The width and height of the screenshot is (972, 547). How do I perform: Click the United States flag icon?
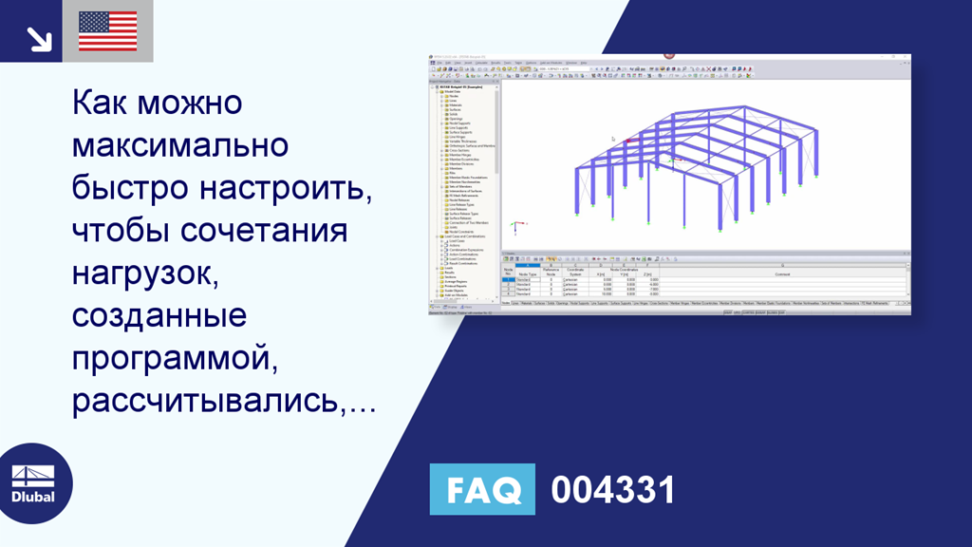coord(107,31)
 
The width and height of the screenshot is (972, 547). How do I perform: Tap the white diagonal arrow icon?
coord(39,39)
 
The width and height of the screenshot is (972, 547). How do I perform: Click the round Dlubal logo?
coord(32,483)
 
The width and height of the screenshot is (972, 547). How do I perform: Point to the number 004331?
coord(613,490)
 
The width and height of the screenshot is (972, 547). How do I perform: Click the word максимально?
coord(179,145)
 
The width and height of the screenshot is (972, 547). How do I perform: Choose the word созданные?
coord(159,316)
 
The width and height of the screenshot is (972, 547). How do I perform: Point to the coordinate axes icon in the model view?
coord(516,228)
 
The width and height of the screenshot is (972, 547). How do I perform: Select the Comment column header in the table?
coord(781,273)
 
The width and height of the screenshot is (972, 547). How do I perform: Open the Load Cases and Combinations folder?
coord(465,236)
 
